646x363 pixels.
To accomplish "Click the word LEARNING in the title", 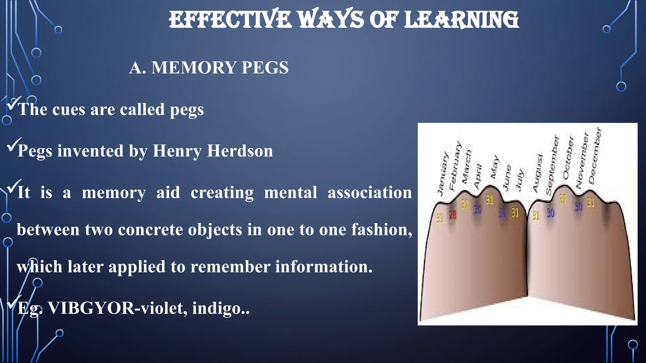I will point(461,20).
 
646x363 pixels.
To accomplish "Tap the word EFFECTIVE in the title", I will point(230,20).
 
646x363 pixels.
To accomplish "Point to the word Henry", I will point(177,151).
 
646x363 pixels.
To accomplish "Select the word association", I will point(370,193).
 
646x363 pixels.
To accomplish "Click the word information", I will point(324,267).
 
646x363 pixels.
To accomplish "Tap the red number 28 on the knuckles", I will point(453,215).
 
